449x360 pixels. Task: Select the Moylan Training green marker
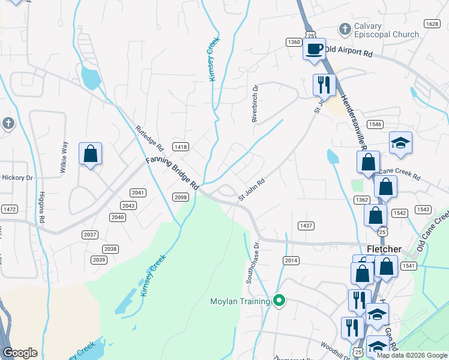point(279,301)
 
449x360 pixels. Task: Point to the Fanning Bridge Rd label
point(172,174)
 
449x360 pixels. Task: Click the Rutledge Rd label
point(149,138)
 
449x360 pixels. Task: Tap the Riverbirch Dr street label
point(255,103)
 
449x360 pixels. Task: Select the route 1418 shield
point(180,147)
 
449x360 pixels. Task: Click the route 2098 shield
point(181,197)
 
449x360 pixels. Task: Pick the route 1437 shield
point(306,225)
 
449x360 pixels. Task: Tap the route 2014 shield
point(291,260)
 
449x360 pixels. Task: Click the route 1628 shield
point(431,23)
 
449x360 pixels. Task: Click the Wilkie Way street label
point(64,157)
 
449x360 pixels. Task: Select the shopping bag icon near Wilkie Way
point(90,154)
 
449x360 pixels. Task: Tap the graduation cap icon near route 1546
point(400,143)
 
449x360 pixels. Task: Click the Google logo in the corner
point(20,353)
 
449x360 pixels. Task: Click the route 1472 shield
point(9,209)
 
